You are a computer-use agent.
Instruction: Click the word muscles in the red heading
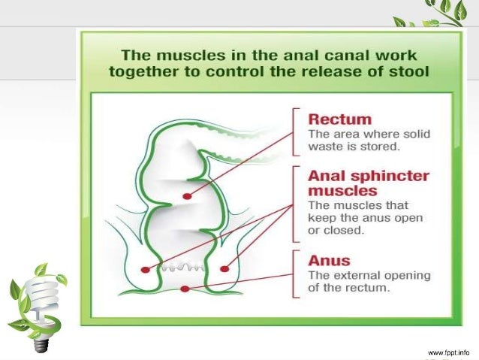[338, 191]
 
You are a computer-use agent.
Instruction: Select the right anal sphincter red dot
[224, 267]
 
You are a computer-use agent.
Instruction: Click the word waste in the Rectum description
[330, 146]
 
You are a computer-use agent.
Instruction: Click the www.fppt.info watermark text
[449, 352]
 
